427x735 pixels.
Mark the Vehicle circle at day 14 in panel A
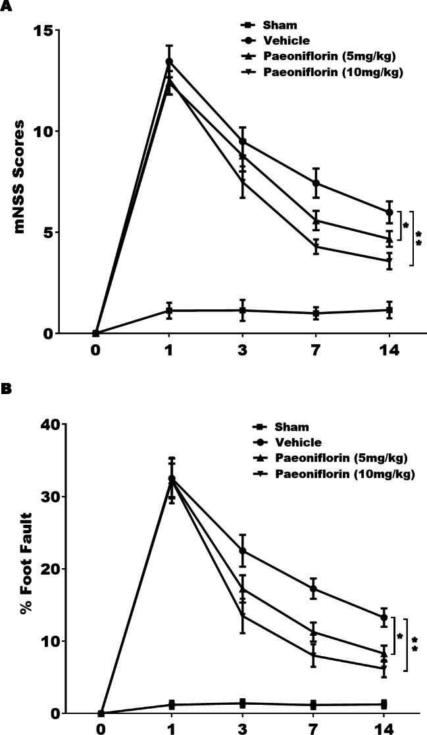tap(389, 212)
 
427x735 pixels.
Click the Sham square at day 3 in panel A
tap(243, 310)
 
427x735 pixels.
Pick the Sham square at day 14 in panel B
tap(384, 704)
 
